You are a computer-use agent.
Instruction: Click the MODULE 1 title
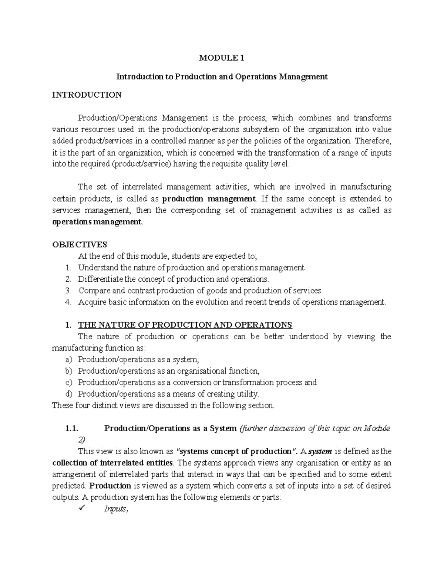[x=222, y=58]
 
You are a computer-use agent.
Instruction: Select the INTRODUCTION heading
[x=87, y=95]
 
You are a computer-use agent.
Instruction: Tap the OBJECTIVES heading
[x=80, y=244]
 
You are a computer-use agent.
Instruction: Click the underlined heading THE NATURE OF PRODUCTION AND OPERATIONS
[x=185, y=325]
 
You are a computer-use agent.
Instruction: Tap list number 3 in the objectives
[x=67, y=291]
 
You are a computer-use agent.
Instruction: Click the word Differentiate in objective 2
[x=101, y=279]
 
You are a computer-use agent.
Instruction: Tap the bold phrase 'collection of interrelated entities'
[x=112, y=463]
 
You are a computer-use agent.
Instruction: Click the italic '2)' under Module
[x=81, y=440]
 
